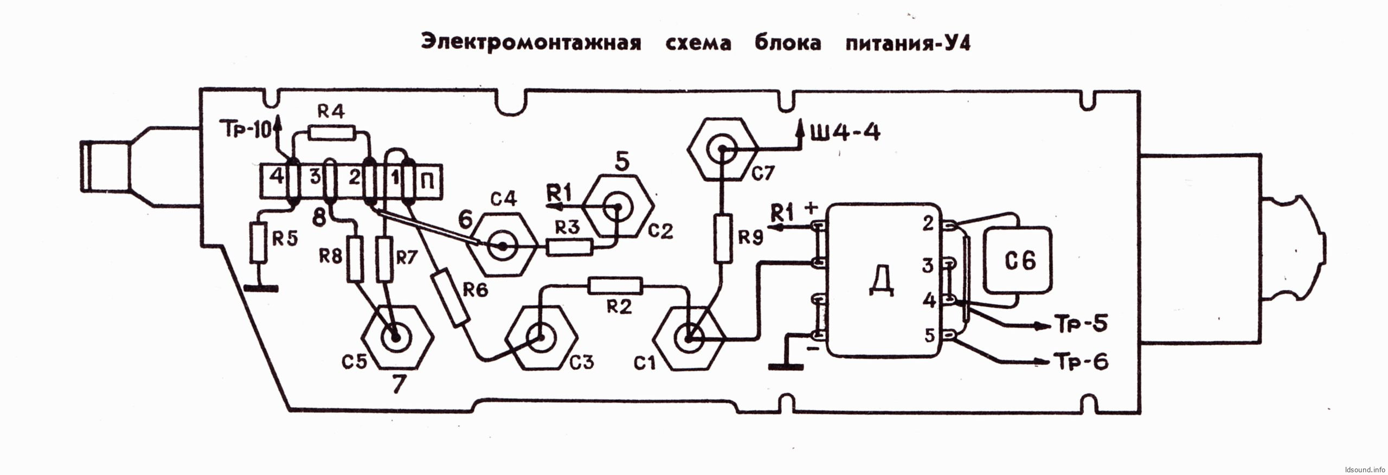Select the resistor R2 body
coord(615,286)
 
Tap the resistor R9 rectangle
coord(722,239)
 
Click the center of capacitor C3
coord(540,337)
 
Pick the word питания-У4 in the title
coord(908,43)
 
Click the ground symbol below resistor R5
coord(261,288)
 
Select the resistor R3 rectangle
coord(569,248)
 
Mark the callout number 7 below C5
coord(399,384)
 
